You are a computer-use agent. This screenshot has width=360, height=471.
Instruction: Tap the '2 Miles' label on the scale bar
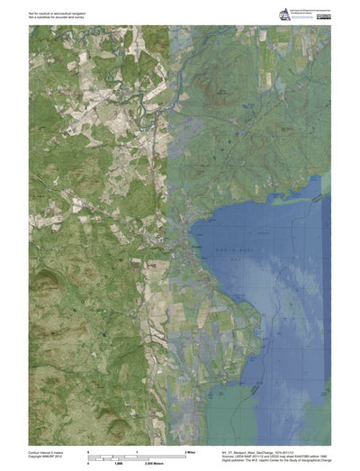[x=190, y=450]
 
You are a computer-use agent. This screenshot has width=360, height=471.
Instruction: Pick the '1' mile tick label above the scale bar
[x=137, y=450]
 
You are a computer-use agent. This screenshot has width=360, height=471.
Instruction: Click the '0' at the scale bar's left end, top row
[x=87, y=450]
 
